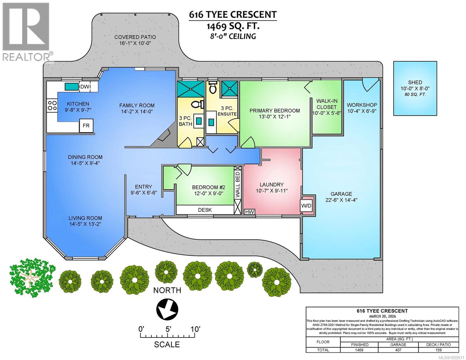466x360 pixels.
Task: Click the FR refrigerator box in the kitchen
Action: click(86, 125)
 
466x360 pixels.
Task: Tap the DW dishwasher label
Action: click(85, 87)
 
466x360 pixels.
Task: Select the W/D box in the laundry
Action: click(306, 206)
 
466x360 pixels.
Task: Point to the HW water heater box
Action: click(250, 212)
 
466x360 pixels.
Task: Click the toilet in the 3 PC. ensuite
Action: click(213, 87)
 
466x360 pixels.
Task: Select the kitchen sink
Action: click(71, 87)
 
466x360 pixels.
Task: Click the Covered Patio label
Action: click(135, 37)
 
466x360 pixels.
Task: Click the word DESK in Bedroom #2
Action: click(205, 210)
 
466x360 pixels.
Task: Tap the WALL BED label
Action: click(237, 184)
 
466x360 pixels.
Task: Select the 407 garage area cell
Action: click(398, 350)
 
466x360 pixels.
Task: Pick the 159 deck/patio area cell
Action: click(438, 350)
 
